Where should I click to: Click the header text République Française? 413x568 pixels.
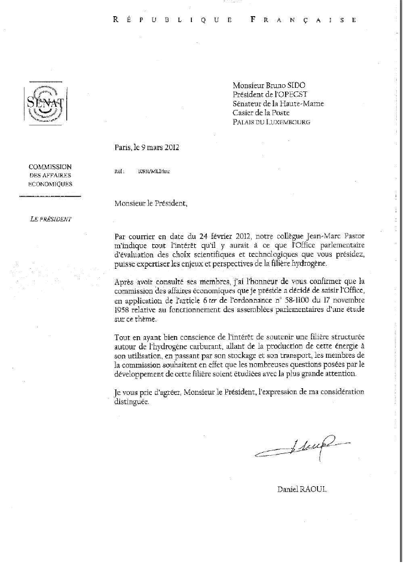click(235, 20)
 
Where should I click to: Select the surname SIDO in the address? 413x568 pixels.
click(305, 85)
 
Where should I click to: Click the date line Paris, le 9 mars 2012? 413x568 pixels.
click(147, 148)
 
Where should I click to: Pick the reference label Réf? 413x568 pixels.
click(118, 171)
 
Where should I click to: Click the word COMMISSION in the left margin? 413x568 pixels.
click(50, 167)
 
